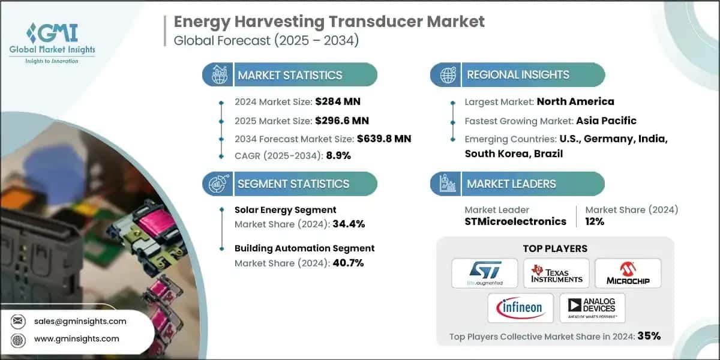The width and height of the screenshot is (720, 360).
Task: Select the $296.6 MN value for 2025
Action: pyautogui.click(x=338, y=120)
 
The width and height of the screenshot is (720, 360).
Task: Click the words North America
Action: pyautogui.click(x=575, y=101)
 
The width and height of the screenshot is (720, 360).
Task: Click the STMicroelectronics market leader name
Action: pyautogui.click(x=515, y=221)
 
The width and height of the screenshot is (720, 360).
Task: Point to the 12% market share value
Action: pyautogui.click(x=595, y=221)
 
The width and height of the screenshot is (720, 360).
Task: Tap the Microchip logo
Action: pyautogui.click(x=628, y=273)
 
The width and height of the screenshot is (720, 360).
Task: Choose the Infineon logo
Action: pyautogui.click(x=520, y=308)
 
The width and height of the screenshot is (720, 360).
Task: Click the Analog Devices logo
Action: pyautogui.click(x=592, y=308)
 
